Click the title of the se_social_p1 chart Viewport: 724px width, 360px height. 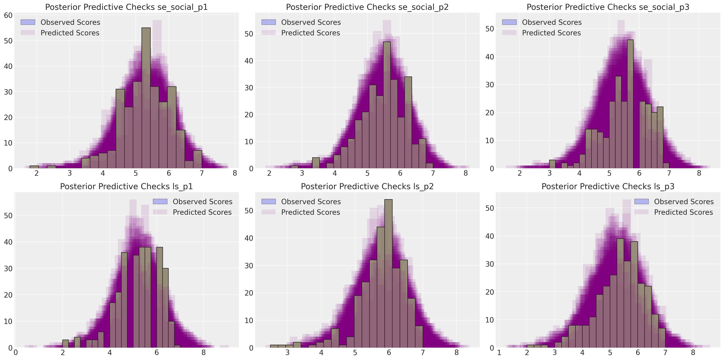[x=126, y=7]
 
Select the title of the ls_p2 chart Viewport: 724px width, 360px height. [x=367, y=186]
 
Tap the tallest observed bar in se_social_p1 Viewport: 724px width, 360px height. [x=146, y=99]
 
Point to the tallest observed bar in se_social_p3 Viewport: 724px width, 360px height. [x=630, y=104]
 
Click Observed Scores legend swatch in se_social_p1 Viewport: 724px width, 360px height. [x=28, y=22]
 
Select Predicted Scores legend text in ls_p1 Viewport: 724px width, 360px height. [x=202, y=212]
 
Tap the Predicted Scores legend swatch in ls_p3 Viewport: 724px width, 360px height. [x=641, y=212]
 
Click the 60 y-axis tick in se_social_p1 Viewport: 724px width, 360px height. [x=8, y=15]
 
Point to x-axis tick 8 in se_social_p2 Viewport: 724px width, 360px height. [x=466, y=173]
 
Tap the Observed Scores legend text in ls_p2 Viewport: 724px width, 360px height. [x=311, y=202]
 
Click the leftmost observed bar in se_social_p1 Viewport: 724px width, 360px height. [x=34, y=167]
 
